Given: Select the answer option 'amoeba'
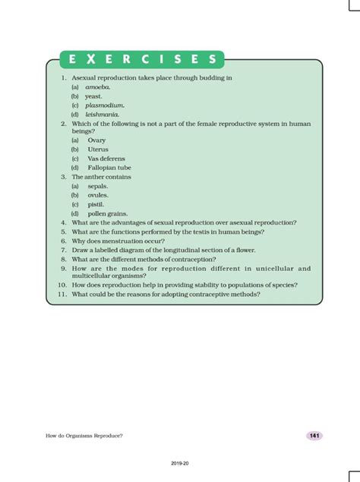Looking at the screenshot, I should click(98, 87).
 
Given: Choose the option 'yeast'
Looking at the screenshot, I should click(94, 96).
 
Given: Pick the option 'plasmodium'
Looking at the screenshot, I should click(105, 106).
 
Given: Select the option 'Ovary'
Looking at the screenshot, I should click(96, 140).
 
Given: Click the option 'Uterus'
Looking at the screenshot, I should click(98, 150).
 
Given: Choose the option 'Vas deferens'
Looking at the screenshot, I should click(105, 159).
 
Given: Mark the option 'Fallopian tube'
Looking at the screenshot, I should click(109, 168).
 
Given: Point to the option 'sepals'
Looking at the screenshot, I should click(98, 186).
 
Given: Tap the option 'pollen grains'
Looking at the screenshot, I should click(107, 213).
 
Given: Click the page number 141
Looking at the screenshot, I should click(314, 436).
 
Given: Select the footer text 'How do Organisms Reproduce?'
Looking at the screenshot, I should click(84, 436).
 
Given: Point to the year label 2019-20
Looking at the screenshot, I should click(180, 462).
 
